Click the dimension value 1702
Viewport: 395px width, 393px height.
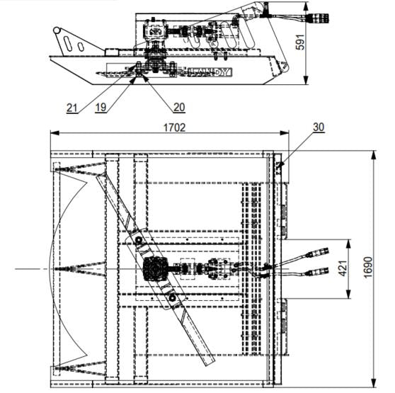pos(174,127)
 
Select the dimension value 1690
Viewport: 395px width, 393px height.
pos(368,267)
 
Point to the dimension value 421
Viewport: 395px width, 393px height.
pos(343,268)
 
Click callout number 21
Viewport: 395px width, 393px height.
pos(72,108)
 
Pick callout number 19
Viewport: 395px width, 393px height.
pos(101,108)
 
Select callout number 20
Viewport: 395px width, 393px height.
pos(179,108)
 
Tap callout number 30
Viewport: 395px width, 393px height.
pos(319,127)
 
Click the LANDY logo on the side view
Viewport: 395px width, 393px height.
pos(210,72)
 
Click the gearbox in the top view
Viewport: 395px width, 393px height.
pos(154,269)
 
